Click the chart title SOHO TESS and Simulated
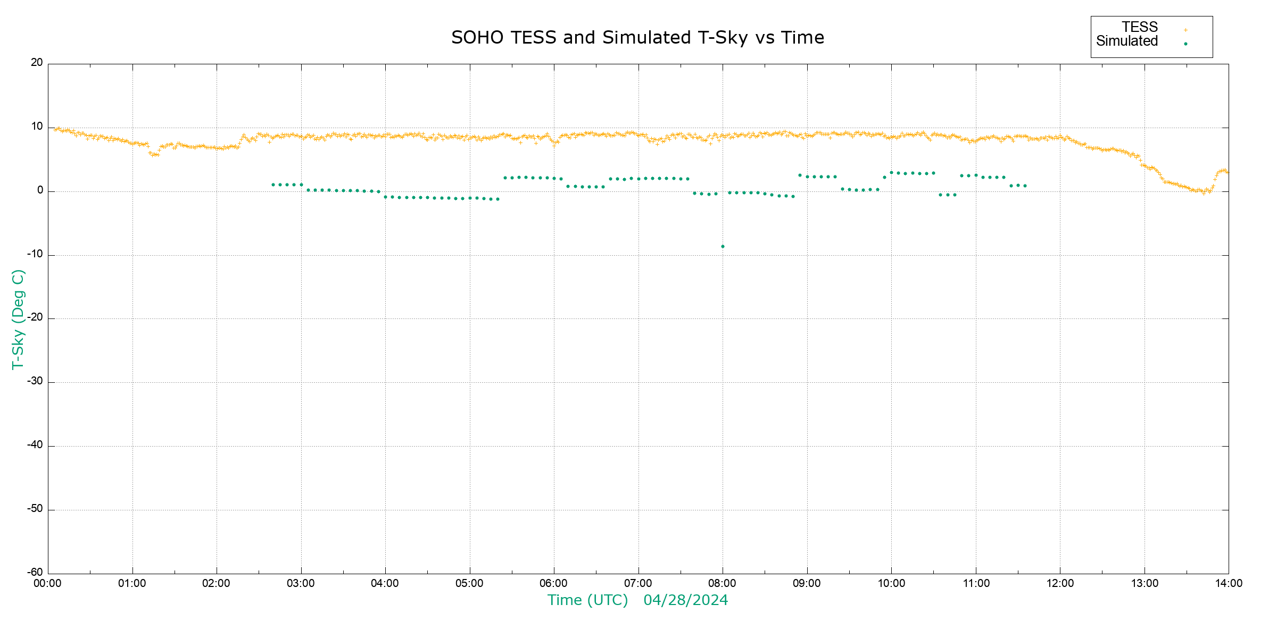tap(637, 38)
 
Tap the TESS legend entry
tap(1140, 27)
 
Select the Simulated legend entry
tap(1127, 41)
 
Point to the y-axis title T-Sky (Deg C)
tap(18, 319)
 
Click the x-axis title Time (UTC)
tap(587, 600)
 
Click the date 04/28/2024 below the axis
tap(685, 600)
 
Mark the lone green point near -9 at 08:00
tap(723, 247)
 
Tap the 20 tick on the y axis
tap(37, 63)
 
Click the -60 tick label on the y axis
tap(35, 573)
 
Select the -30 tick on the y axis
tap(35, 382)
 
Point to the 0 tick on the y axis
tap(40, 190)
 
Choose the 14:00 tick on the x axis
tap(1229, 583)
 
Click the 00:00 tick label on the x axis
tap(48, 583)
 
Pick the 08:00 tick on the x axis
tap(723, 583)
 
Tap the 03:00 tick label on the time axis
tap(301, 583)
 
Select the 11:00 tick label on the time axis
tap(976, 583)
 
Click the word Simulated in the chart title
tap(646, 38)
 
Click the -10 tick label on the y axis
tap(35, 254)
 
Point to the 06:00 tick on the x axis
tap(554, 583)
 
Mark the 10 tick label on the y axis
tap(37, 127)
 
